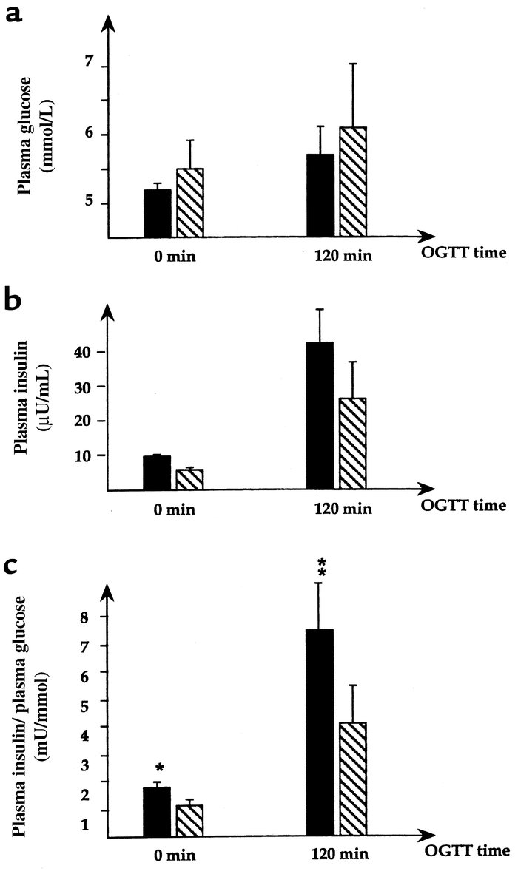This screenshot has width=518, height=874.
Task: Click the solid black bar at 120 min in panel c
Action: point(320,733)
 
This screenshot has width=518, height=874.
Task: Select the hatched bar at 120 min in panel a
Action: point(353,182)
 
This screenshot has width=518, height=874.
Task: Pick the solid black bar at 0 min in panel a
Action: point(157,213)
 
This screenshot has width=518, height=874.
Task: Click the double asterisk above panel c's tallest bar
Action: point(319,570)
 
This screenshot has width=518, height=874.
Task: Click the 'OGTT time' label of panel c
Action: point(464,852)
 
